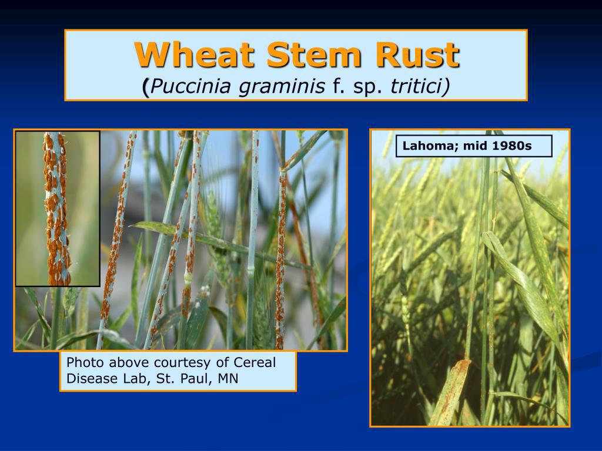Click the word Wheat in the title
point(194,55)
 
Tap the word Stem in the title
point(314,55)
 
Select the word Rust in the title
point(417,55)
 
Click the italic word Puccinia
point(191,86)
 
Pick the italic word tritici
point(416,86)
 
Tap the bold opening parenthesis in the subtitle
point(146,87)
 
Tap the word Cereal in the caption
point(255,362)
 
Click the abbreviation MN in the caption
point(228,378)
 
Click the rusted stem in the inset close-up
point(57,208)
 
